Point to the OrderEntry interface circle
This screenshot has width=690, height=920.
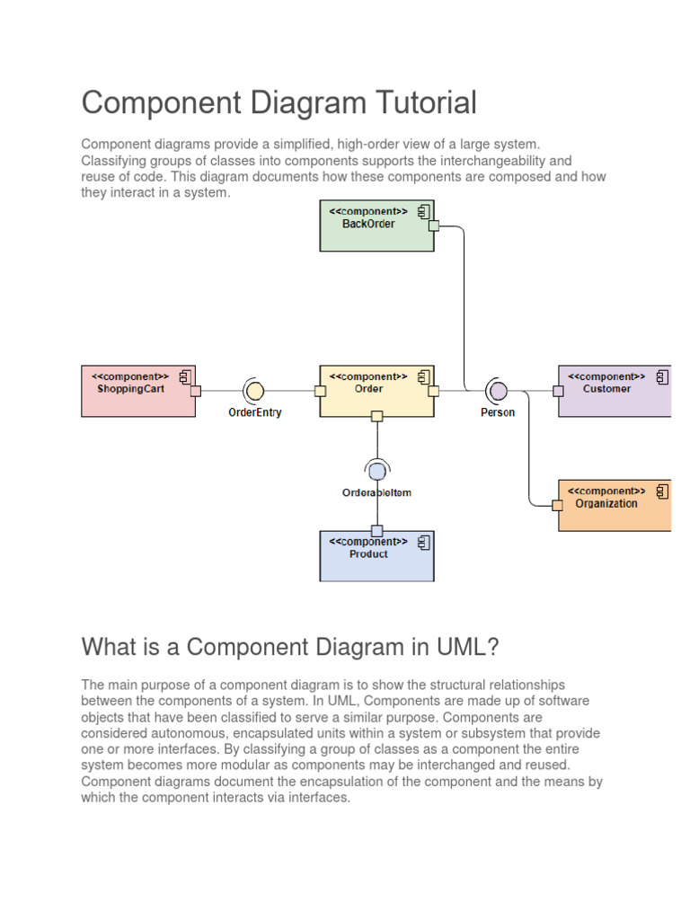pos(254,391)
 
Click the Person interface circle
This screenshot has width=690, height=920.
pos(498,391)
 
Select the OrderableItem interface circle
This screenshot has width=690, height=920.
pos(377,471)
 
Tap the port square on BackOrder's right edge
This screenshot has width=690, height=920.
pos(434,226)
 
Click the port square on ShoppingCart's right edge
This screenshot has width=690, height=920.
pos(195,391)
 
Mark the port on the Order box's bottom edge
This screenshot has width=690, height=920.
pos(377,416)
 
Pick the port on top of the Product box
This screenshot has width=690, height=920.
pos(377,531)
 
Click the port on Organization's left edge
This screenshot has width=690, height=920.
pos(558,505)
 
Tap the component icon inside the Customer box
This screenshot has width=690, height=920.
pos(662,376)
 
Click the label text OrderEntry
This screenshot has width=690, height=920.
pos(254,413)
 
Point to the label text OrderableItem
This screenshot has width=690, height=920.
pos(377,492)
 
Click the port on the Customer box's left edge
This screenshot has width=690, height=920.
pos(558,391)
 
